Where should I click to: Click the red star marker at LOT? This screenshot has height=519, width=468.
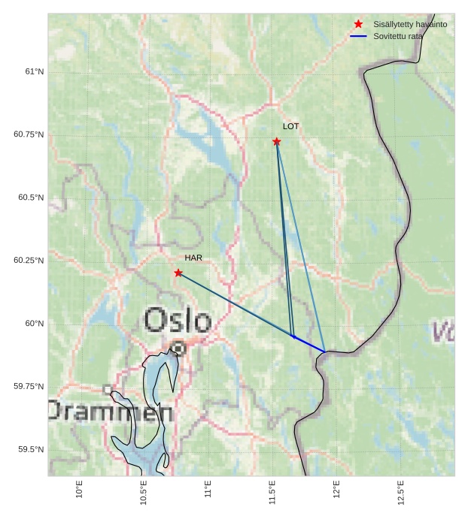pyautogui.click(x=277, y=141)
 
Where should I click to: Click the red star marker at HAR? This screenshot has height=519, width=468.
pyautogui.click(x=178, y=273)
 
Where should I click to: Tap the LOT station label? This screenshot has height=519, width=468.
pyautogui.click(x=290, y=127)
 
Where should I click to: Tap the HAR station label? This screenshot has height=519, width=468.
pyautogui.click(x=193, y=258)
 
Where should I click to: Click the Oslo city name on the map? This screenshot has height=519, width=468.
pyautogui.click(x=178, y=321)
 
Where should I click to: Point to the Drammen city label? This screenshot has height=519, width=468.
pyautogui.click(x=110, y=412)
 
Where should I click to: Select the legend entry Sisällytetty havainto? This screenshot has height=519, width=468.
pyautogui.click(x=410, y=25)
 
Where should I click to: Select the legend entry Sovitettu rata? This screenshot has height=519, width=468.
pyautogui.click(x=398, y=36)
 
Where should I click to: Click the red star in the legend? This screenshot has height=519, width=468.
pyautogui.click(x=358, y=25)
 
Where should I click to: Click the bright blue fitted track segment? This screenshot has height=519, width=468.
pyautogui.click(x=308, y=344)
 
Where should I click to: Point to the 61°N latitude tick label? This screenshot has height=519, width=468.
pyautogui.click(x=35, y=72)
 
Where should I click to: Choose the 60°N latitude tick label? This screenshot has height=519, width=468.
pyautogui.click(x=35, y=324)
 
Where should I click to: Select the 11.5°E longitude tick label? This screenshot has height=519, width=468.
pyautogui.click(x=272, y=492)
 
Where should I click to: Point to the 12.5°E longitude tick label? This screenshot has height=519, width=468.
pyautogui.click(x=401, y=492)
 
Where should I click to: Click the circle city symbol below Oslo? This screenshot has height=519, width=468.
pyautogui.click(x=178, y=348)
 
